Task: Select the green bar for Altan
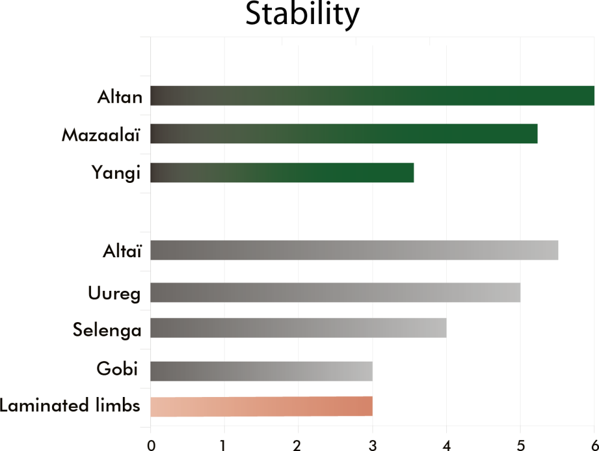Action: (x=372, y=96)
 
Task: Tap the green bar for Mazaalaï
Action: (x=344, y=134)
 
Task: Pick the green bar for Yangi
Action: (x=282, y=173)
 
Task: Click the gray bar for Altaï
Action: (x=354, y=250)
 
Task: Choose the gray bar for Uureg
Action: (x=335, y=293)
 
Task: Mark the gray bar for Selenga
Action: (x=298, y=328)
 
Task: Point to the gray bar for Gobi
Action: (x=261, y=371)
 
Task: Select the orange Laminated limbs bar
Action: (x=261, y=407)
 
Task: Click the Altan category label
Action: (x=120, y=97)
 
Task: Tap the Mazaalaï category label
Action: (x=101, y=135)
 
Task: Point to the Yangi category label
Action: (x=116, y=174)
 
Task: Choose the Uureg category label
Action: (x=114, y=294)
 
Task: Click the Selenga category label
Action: (x=107, y=330)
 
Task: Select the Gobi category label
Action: (x=117, y=369)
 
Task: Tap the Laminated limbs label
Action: (x=70, y=406)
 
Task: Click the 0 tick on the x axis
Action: (x=151, y=444)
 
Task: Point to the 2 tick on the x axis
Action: (x=298, y=444)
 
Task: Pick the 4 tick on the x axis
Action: (x=446, y=444)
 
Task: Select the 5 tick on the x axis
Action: (x=520, y=444)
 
